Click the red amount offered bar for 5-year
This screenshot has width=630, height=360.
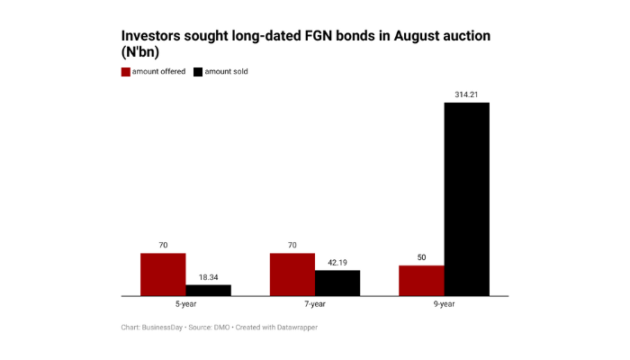pyautogui.click(x=163, y=274)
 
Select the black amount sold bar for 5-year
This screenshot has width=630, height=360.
pyautogui.click(x=208, y=290)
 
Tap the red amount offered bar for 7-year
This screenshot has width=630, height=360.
pyautogui.click(x=292, y=274)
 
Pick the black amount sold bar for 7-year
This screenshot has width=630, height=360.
pyautogui.click(x=337, y=283)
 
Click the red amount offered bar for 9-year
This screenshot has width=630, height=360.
pyautogui.click(x=421, y=280)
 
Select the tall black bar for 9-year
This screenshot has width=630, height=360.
pyautogui.click(x=466, y=199)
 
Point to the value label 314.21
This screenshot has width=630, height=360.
pyautogui.click(x=466, y=94)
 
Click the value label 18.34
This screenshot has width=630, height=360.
pyautogui.click(x=208, y=277)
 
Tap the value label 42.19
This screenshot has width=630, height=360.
pyautogui.click(x=337, y=262)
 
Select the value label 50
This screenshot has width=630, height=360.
pyautogui.click(x=421, y=257)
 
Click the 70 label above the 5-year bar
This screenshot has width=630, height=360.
pyautogui.click(x=163, y=245)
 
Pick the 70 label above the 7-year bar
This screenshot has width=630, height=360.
pyautogui.click(x=292, y=245)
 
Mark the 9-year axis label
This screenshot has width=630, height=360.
pyautogui.click(x=444, y=304)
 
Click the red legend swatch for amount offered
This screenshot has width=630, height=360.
pyautogui.click(x=125, y=71)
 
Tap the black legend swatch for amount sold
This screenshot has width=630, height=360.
pyautogui.click(x=197, y=71)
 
